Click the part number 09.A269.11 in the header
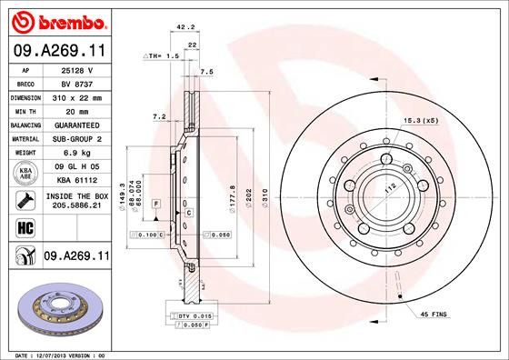[57, 53]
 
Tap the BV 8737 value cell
[75, 84]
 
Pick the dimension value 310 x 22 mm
[75, 97]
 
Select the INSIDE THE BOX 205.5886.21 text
[75, 200]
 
